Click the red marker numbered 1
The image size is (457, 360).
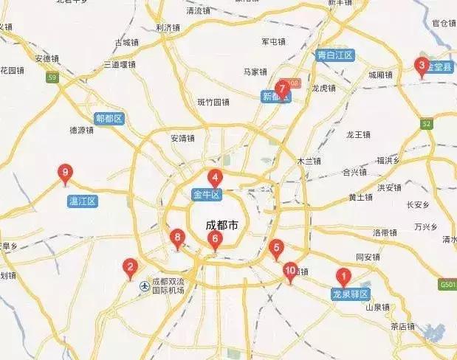[343, 277]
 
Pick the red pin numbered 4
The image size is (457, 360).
[215, 178]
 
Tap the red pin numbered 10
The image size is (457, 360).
[289, 271]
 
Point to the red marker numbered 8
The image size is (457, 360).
[176, 238]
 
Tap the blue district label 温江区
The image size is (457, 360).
[82, 201]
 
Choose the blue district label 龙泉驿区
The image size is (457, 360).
[350, 294]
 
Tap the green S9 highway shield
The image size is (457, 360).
[51, 77]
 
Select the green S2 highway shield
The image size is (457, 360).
[426, 125]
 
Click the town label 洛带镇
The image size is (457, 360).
[385, 232]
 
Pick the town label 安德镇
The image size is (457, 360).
[48, 58]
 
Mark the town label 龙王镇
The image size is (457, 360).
[358, 135]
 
